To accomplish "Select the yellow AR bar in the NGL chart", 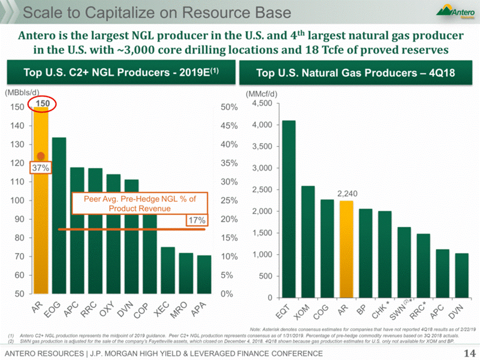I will coord(41,229).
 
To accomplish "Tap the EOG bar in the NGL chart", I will coord(59,214).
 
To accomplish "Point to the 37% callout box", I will coord(40,168).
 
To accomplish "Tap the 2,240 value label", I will coord(347,194).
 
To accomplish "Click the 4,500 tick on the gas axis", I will coord(262,103).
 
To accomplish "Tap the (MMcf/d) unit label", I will coord(260,94).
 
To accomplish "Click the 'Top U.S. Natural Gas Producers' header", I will coord(355,73).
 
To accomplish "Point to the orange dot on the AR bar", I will coord(41,156).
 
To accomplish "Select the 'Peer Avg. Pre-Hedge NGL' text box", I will coord(140,204).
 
